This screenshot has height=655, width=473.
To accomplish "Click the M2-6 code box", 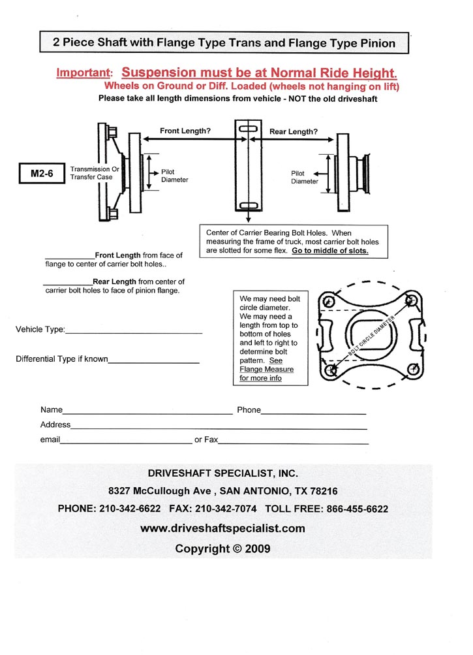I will coord(42,174).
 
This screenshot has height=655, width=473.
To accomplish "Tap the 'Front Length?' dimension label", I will coord(185,131).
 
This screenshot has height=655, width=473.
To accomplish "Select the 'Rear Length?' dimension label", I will coord(293,131).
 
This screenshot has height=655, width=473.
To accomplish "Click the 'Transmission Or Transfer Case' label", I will coord(95,173).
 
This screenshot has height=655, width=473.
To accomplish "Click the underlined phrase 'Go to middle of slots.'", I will coord(330,251).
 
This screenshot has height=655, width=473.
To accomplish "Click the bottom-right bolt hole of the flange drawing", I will coord(412,370).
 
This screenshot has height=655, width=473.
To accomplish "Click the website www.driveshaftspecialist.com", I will coord(222,528).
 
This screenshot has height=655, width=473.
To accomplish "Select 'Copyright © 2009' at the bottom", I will coord(222,549).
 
